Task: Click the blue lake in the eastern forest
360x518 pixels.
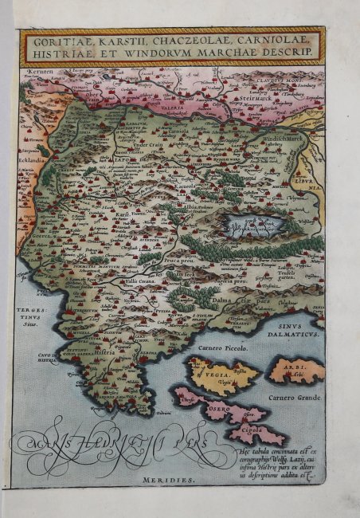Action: tap(253, 224)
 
